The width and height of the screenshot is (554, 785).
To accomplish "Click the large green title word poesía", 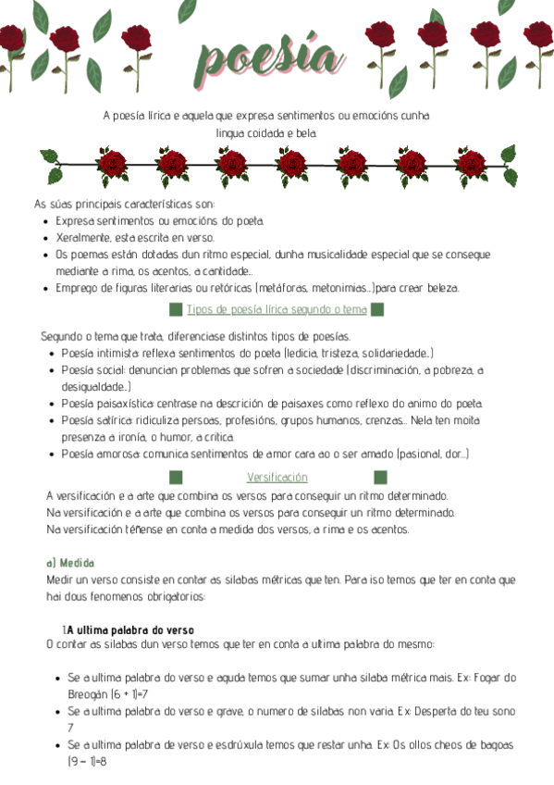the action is [268, 58].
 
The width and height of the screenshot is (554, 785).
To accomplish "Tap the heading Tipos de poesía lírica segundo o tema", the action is [277, 309].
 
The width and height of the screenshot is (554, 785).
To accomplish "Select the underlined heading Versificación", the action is [277, 477].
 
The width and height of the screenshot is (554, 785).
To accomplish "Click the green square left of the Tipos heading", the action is [175, 309].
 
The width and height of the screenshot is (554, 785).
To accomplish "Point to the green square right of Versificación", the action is [379, 477].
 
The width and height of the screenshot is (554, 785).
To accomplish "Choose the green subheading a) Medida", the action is [70, 563].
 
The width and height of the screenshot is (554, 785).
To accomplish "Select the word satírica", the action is [111, 420].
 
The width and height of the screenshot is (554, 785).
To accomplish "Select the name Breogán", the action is [87, 693].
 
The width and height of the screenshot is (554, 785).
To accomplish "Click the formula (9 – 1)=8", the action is [88, 761].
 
